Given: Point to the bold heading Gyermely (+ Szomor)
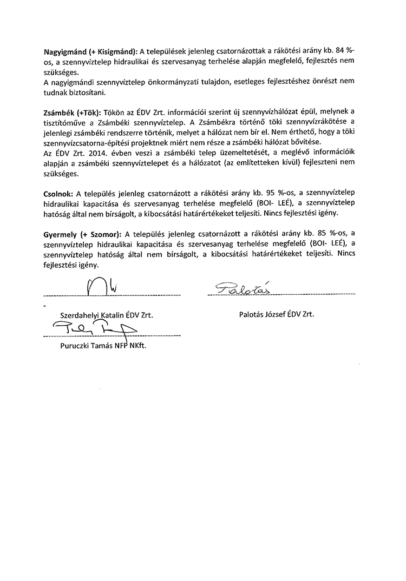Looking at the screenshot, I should (81, 234).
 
